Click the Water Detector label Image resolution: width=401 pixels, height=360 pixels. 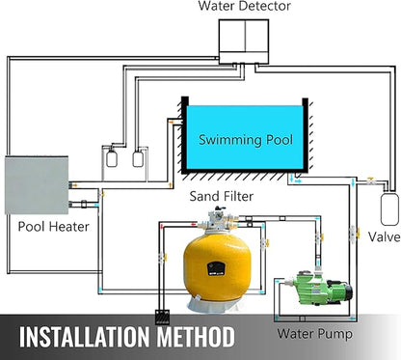(245, 7)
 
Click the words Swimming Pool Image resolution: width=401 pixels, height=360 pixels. (242, 139)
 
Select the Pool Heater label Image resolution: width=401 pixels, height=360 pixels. (54, 228)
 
